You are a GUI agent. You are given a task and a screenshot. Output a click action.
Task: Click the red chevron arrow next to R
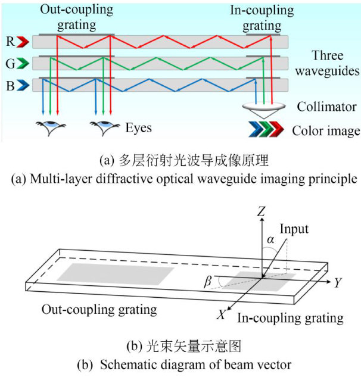(22, 42)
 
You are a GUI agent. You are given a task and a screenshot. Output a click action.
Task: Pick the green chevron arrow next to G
(22, 63)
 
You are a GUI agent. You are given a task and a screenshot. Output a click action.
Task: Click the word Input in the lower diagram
(294, 229)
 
